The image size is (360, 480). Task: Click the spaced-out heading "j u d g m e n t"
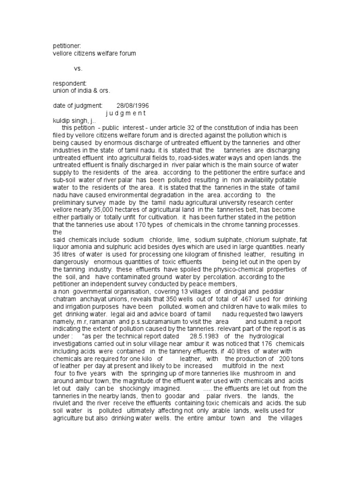pos(126,113)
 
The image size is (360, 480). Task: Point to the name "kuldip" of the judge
pos(62,120)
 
